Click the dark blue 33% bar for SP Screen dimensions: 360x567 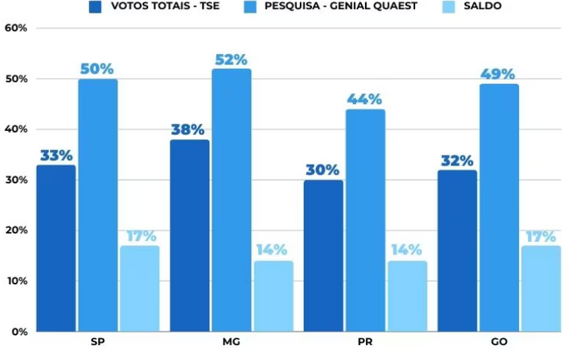pos(56,248)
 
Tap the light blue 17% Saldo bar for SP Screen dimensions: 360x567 pos(140,288)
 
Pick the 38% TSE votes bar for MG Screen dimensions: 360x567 pos(190,235)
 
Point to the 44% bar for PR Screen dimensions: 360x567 pos(366,220)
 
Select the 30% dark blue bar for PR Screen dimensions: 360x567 pos(323,255)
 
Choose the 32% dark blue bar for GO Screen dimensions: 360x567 pos(457,250)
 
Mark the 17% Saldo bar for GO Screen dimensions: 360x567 pos(541,288)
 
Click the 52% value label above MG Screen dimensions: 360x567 pos(230,60)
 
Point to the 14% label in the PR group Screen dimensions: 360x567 pos(407,250)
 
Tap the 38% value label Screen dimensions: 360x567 pos(187,129)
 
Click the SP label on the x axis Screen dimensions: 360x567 pos(96,344)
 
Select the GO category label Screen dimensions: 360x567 pos(499,344)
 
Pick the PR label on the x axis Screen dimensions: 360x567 pos(366,344)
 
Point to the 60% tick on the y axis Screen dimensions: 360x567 pos(16,28)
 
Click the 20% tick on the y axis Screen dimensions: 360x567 pos(16,231)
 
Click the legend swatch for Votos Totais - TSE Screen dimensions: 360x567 pos(94,7)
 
